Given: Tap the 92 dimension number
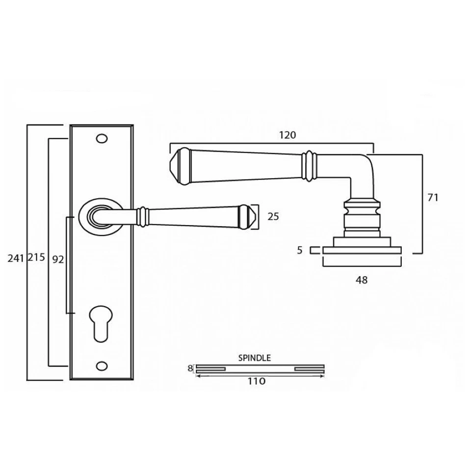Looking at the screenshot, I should coord(57,260).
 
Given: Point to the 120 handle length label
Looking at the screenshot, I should coord(288,135).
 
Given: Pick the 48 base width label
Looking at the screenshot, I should coord(361,280).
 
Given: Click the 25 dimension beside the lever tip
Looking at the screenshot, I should coord(273,216).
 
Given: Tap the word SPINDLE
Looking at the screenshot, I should coord(254,358).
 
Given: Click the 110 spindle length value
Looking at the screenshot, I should coord(256,381).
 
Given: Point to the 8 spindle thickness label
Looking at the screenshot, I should coord(190,368).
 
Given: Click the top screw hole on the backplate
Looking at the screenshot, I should coord(102,139).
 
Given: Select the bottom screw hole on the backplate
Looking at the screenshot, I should coord(102,366).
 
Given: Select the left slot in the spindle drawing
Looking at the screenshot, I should coord(211,368).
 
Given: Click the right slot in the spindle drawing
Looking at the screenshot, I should coord(309,368).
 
